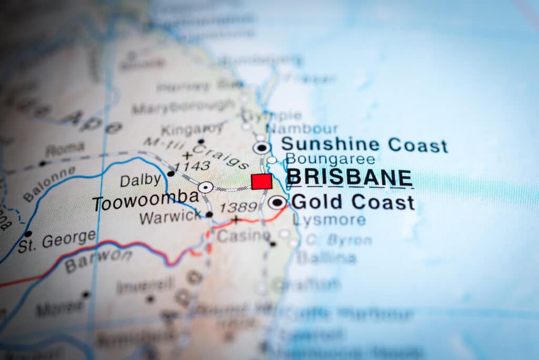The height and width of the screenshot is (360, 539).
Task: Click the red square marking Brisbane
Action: coord(262,182)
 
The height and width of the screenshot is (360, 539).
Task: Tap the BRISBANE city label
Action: coord(349,178)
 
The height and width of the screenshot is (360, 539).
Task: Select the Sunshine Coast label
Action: coord(364,144)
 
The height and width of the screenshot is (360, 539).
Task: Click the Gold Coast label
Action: coord(353,202)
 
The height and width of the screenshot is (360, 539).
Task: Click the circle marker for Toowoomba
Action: coord(205,187)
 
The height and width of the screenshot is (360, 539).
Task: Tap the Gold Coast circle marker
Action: coord(277,202)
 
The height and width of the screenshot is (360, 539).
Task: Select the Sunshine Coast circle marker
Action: coord(262,148)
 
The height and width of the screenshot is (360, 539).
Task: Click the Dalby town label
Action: coord(140,181)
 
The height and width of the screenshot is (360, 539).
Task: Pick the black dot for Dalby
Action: coord(171,173)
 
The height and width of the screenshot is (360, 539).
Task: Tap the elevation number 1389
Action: coord(238,207)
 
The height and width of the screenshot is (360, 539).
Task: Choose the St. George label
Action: coord(57,241)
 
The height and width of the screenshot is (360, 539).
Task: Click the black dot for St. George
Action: coord(28,234)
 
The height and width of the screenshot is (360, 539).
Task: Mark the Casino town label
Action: coord(243,236)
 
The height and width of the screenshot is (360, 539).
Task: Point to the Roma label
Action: coord(65,150)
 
